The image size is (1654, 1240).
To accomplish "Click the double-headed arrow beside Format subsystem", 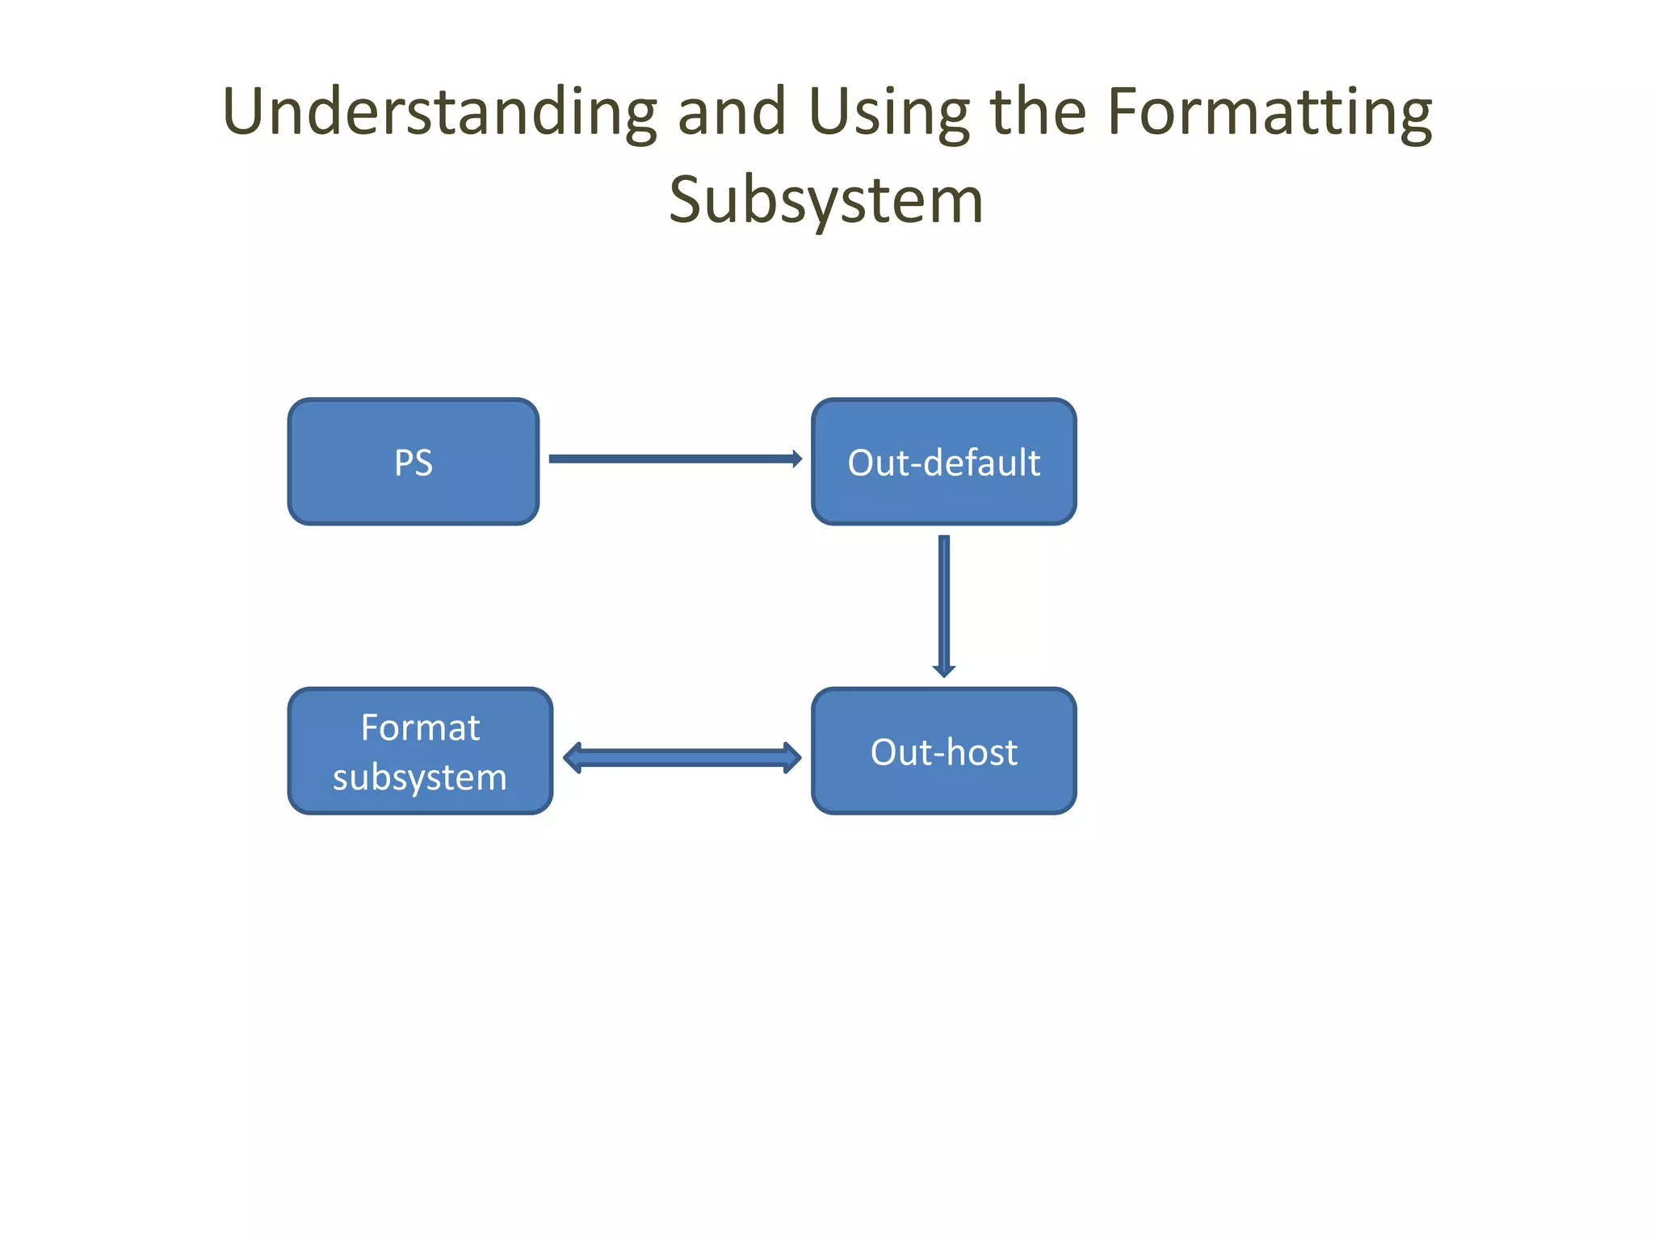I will point(682,758).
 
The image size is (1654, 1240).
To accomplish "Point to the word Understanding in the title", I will point(439,113).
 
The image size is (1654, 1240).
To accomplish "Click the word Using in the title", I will point(888,113).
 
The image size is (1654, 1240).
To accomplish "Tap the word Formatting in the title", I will point(1269,113).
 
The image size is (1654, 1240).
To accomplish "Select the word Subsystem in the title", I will point(826,200).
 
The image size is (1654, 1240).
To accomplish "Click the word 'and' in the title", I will point(732,113).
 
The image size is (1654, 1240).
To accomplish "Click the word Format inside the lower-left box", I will point(420,728).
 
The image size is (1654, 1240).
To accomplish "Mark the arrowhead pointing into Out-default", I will point(797,459).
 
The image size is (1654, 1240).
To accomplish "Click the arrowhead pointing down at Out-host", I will point(944,671).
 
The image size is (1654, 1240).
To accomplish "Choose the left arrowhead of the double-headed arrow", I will point(573,758).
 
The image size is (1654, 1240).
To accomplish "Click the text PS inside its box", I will point(413,463).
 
